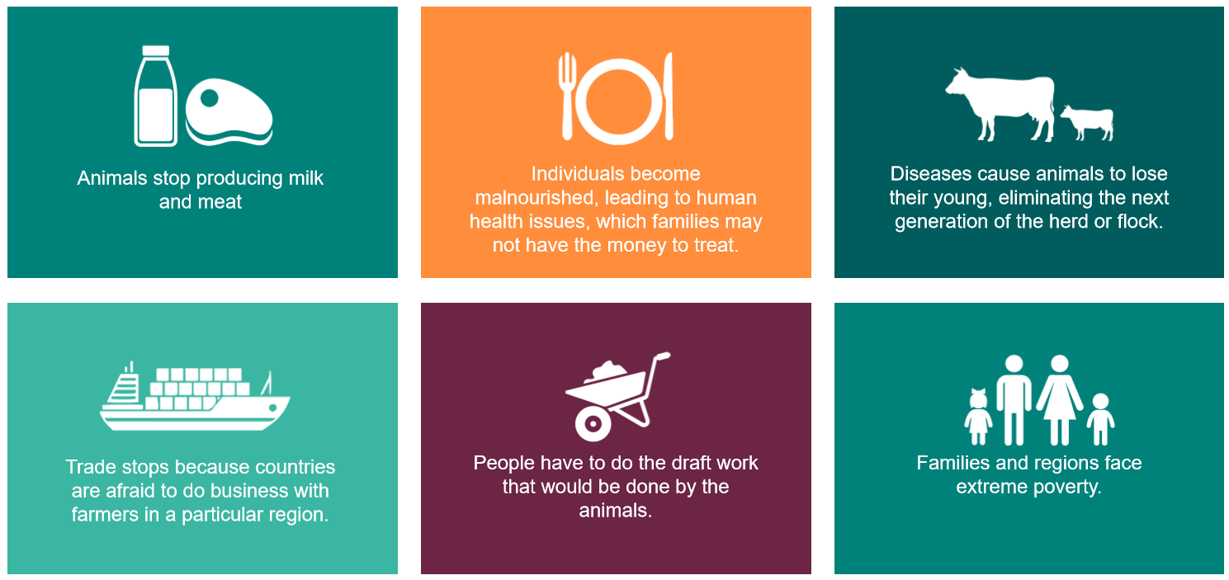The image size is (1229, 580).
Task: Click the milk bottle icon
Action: click(x=156, y=96)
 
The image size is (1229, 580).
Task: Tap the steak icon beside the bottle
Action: click(x=229, y=112)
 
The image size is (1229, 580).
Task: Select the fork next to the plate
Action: click(x=567, y=96)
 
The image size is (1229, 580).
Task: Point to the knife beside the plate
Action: click(x=669, y=96)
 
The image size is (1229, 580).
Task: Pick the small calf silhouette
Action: click(x=1088, y=122)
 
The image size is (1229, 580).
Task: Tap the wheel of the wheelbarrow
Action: click(x=593, y=424)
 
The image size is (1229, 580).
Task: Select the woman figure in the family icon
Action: click(x=1060, y=399)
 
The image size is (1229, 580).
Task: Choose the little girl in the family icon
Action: click(x=978, y=417)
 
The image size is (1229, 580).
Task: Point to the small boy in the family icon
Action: click(x=1100, y=419)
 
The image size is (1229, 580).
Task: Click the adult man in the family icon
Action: click(x=1014, y=399)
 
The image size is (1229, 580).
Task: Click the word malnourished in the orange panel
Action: click(x=533, y=197)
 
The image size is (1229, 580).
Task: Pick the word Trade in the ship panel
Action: click(x=91, y=467)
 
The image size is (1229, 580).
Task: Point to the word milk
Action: click(x=305, y=178)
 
